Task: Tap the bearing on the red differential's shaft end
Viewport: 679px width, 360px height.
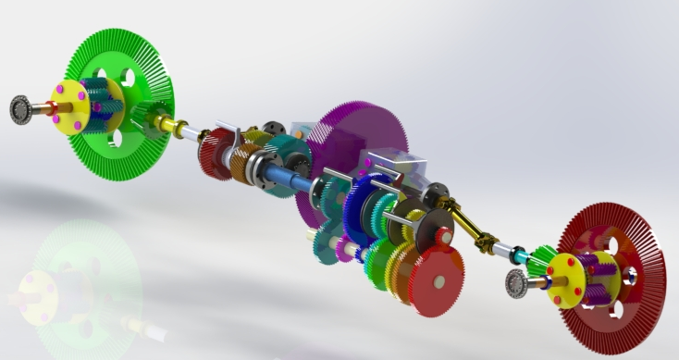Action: click(x=515, y=286)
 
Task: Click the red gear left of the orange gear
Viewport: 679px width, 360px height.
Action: click(x=215, y=154)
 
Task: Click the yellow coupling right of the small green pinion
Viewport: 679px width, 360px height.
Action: click(x=171, y=123)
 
